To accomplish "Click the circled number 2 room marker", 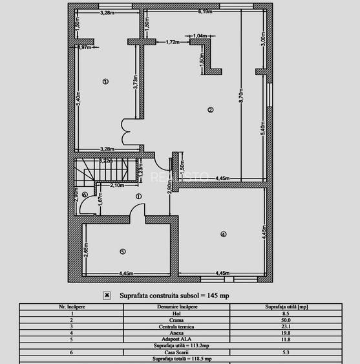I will click(x=210, y=110).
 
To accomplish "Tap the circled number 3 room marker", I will click(x=105, y=81).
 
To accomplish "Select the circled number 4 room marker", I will click(x=223, y=234).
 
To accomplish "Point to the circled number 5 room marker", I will click(x=122, y=251).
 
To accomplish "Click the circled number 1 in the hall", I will click(x=138, y=197).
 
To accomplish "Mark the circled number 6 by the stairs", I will click(x=85, y=195).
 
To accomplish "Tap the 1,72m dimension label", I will click(x=172, y=42).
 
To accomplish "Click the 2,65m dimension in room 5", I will click(x=85, y=248).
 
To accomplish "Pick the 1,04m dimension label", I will click(x=200, y=36).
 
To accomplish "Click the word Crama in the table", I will click(x=177, y=320).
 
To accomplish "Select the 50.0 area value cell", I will click(x=285, y=320).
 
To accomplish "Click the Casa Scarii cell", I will click(x=177, y=352).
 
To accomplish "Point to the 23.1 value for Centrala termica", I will click(x=285, y=327).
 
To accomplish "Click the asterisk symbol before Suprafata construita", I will click(x=107, y=295).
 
